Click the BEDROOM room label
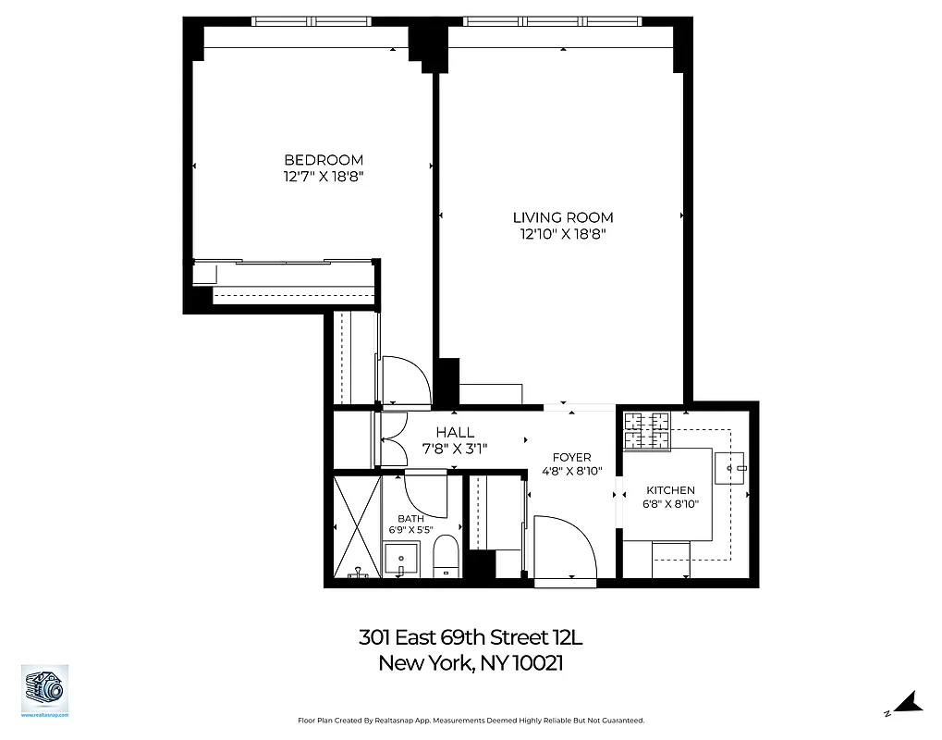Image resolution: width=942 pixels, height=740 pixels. coord(323,160)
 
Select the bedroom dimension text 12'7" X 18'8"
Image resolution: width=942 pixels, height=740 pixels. coord(323,177)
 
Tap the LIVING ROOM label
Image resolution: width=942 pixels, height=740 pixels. coord(563,217)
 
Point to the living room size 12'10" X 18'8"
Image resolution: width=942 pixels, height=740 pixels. coord(563,235)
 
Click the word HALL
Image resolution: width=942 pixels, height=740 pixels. coord(455,432)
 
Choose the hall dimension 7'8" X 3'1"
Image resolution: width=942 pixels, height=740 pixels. coord(455,449)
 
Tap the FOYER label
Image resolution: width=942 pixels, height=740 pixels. coord(571,457)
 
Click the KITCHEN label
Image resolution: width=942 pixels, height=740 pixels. coord(670,490)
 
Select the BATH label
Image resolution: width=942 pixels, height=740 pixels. coord(410,519)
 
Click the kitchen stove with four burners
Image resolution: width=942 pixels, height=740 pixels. coord(647,430)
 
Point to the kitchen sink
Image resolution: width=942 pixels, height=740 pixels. coord(737,469)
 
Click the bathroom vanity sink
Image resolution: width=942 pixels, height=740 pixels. coord(402,561)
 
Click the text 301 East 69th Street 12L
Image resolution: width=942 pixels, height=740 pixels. coord(471,638)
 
